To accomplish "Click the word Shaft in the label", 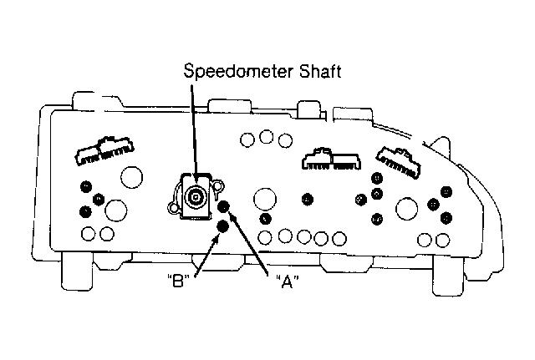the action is click(x=321, y=71).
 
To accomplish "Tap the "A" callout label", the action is click(x=287, y=281).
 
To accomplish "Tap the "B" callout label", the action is click(x=178, y=281).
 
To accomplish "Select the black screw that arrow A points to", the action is click(x=224, y=206).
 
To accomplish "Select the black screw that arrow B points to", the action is click(x=223, y=226).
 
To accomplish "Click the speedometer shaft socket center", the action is click(x=195, y=196).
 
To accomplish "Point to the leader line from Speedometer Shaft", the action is click(x=194, y=133).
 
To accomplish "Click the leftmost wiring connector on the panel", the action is click(x=104, y=150).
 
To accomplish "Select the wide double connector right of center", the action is click(x=331, y=159).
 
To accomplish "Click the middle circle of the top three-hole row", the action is click(x=266, y=137).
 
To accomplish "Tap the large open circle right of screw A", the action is click(x=265, y=199).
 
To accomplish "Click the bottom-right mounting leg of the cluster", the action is click(x=448, y=276).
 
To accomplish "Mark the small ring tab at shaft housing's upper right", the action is click(x=218, y=185).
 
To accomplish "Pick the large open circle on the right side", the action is click(x=407, y=209).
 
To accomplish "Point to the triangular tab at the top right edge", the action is click(x=441, y=145).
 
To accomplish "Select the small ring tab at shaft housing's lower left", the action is click(x=173, y=207).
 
